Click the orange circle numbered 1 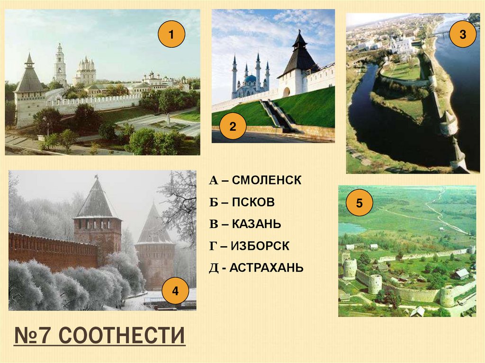pos(171,34)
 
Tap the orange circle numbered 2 pos(233,126)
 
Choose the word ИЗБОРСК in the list pos(260,246)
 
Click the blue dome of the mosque pos(250,79)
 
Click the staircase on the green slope pos(276,115)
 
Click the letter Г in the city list pos(213,247)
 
